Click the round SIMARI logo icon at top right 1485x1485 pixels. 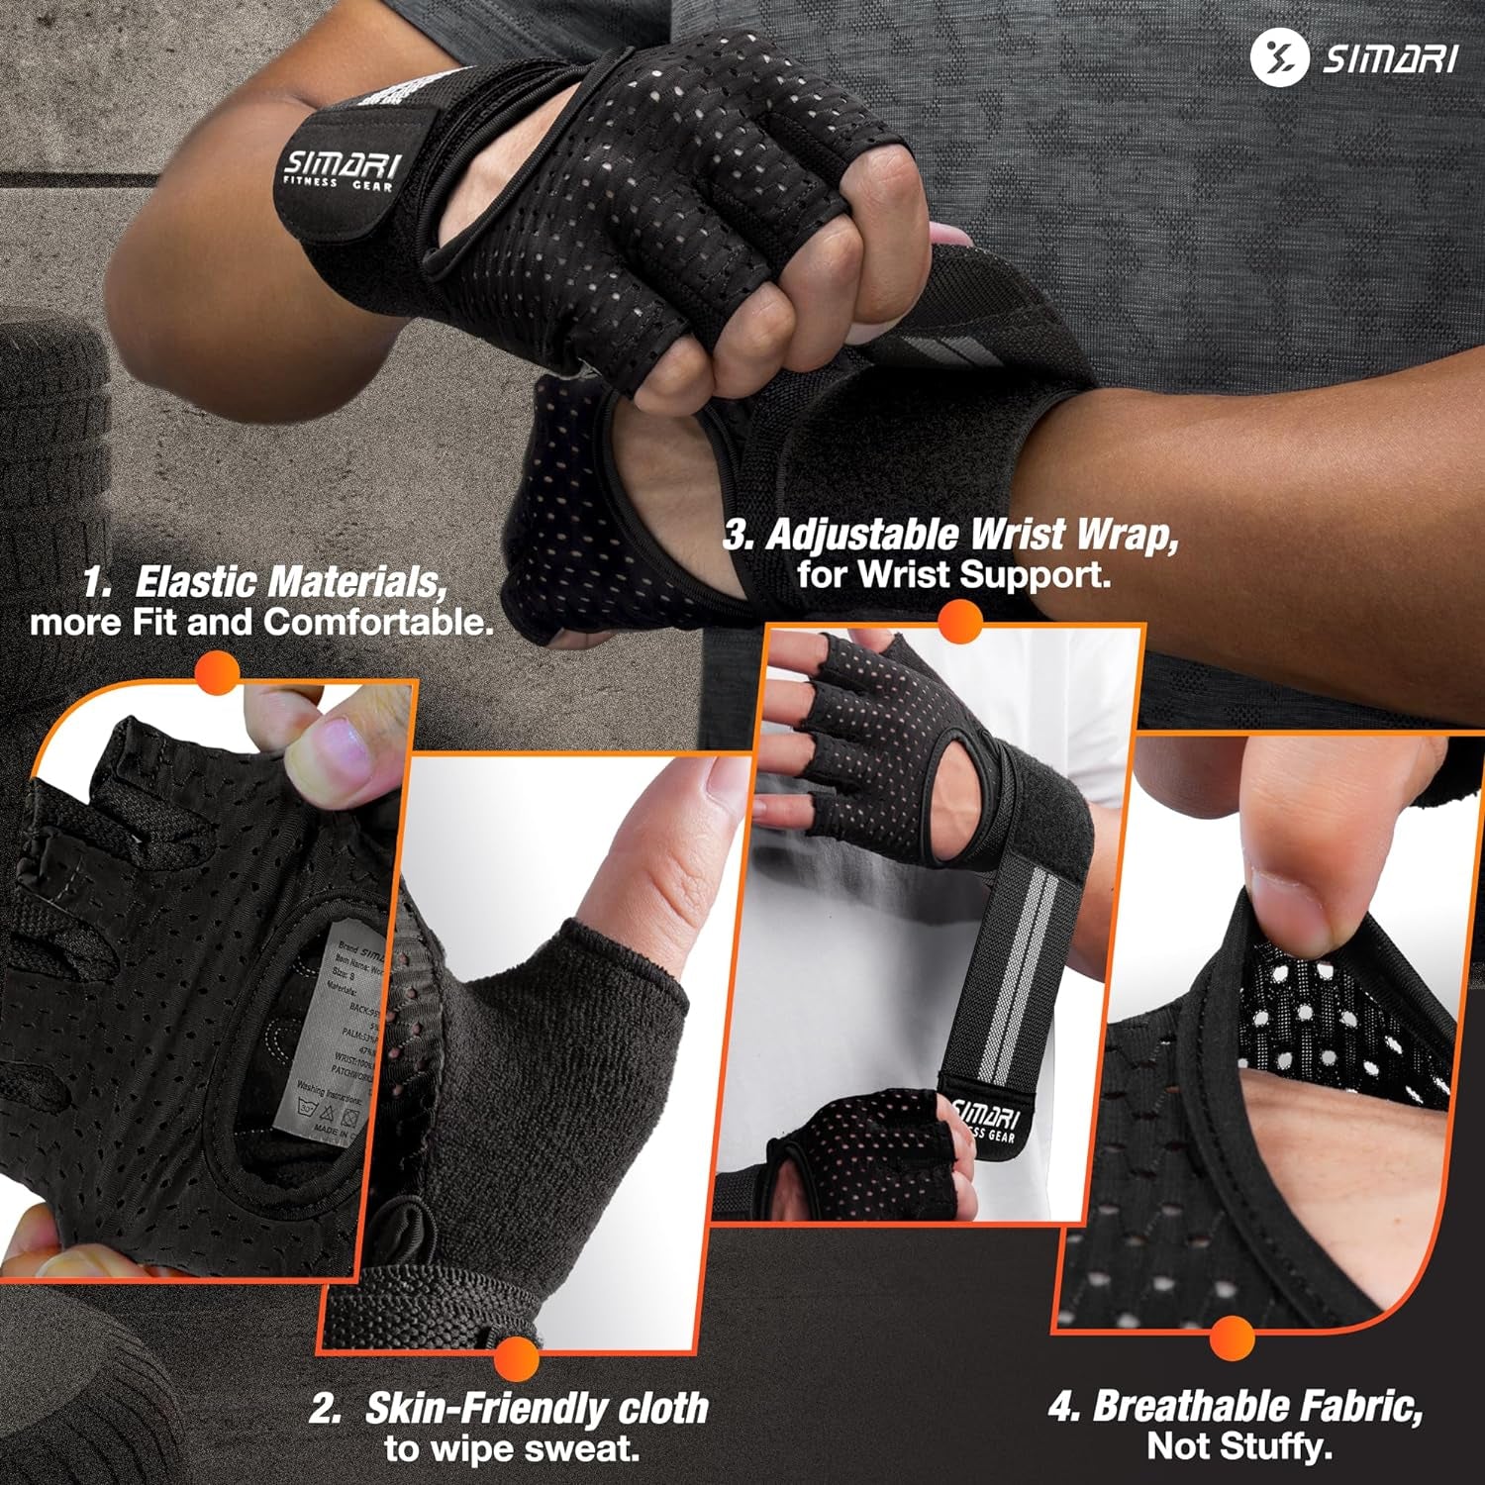tap(1279, 57)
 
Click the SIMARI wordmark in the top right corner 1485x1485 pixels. tap(1390, 59)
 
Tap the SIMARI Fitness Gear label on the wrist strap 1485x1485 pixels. tap(340, 171)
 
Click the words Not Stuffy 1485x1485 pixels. tap(1238, 1447)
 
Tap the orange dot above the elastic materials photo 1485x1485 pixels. tap(218, 675)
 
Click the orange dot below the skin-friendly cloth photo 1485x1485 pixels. tap(516, 1357)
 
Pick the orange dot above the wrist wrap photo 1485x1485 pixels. tap(958, 623)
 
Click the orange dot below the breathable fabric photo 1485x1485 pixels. tap(1232, 1338)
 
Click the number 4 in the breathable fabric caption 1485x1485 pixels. tap(1061, 1407)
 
